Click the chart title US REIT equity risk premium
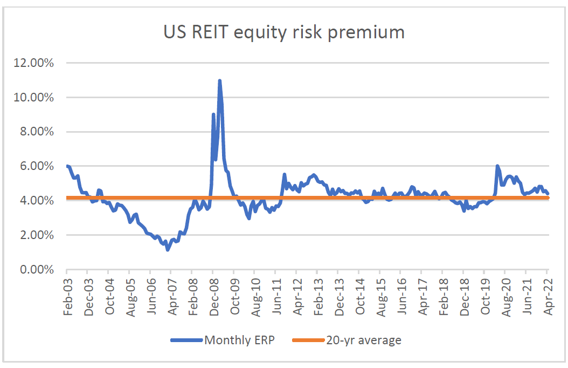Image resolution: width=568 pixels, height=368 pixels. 284,32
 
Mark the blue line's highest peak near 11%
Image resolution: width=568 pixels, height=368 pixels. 220,81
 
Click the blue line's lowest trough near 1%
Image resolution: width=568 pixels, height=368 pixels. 168,250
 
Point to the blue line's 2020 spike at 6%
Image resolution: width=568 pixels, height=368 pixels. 497,166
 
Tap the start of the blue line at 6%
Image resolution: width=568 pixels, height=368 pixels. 67,166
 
